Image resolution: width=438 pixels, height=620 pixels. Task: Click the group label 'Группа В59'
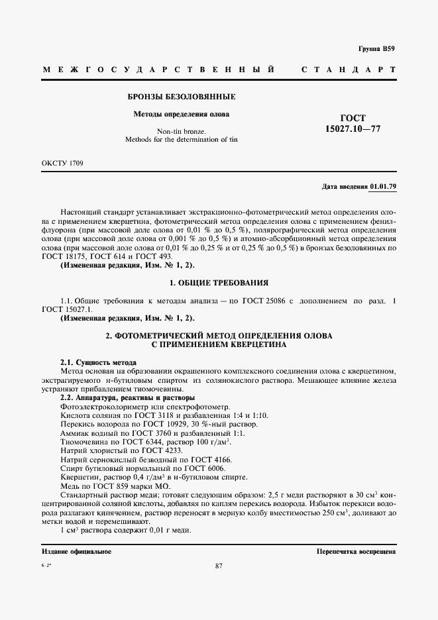(376, 48)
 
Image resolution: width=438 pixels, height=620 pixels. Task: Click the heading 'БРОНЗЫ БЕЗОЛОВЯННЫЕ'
(182, 97)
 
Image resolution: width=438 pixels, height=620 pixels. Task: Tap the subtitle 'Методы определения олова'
(182, 114)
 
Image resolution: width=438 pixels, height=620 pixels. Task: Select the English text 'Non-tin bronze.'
(182, 130)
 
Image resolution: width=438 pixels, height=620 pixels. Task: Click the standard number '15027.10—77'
(353, 129)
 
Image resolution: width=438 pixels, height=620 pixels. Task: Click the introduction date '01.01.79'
(383, 187)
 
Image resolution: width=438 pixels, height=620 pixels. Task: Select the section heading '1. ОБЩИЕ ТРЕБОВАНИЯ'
(219, 282)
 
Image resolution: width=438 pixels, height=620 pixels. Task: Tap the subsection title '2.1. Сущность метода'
(98, 363)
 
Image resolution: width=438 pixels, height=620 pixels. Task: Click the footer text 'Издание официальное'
(76, 552)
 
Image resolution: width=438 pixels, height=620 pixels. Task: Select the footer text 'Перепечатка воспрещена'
(356, 552)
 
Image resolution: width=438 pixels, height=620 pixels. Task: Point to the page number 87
(219, 565)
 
